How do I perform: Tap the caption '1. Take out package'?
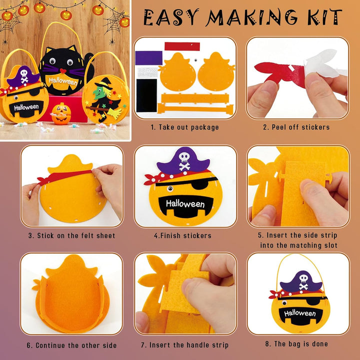click(185, 127)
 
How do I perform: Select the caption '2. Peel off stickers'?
click(296, 127)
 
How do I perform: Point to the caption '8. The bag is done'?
click(296, 343)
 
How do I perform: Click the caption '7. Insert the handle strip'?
click(184, 345)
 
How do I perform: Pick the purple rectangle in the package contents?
click(149, 58)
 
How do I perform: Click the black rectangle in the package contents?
click(146, 95)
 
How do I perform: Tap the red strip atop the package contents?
click(182, 46)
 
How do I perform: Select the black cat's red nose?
click(61, 70)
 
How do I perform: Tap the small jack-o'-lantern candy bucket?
click(61, 113)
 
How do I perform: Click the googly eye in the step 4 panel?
click(170, 189)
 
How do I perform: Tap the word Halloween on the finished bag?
click(300, 313)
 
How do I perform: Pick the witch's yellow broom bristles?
click(115, 113)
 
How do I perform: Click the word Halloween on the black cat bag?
click(63, 81)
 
